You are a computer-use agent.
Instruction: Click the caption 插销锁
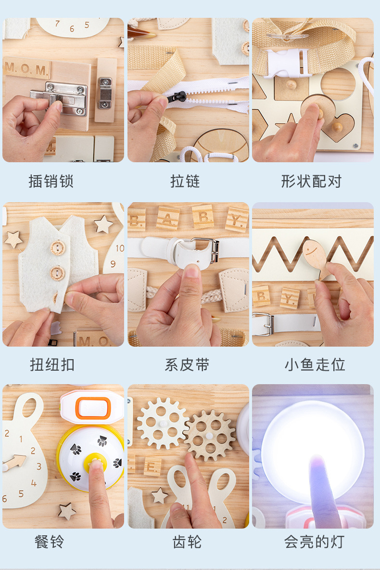tap(51, 181)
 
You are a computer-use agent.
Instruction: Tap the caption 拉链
tap(185, 181)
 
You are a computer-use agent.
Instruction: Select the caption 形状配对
tap(311, 181)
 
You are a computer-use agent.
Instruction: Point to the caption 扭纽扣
tap(52, 364)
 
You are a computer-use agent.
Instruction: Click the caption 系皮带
tap(187, 364)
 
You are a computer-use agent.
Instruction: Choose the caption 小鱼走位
tap(315, 364)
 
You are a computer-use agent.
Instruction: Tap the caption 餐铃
tap(50, 542)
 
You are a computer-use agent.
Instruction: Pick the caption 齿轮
tap(187, 542)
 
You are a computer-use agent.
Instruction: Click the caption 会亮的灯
tap(314, 542)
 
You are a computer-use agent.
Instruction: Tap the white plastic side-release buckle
tap(288, 63)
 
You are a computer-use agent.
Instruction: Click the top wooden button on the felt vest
tap(57, 248)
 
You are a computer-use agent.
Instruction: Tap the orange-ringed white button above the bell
tap(93, 407)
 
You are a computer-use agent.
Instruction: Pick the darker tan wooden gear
tap(210, 436)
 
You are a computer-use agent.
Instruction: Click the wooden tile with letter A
tap(168, 218)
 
